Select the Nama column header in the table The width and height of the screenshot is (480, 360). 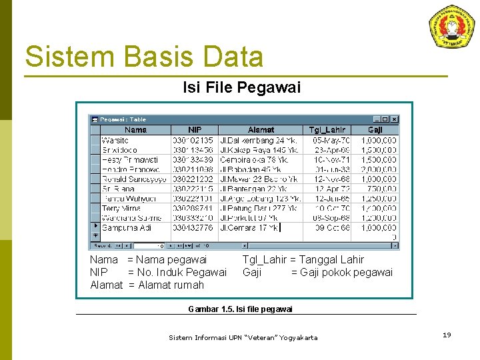tap(135, 130)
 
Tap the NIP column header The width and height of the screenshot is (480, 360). tap(195, 130)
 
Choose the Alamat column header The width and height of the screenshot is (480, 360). tap(261, 130)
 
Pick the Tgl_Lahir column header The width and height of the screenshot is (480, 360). tap(327, 130)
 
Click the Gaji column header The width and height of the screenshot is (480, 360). tap(375, 130)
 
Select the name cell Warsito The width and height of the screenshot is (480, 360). tap(115, 141)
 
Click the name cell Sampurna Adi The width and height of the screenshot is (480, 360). tap(127, 228)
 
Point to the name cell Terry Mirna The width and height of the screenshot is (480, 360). tap(121, 209)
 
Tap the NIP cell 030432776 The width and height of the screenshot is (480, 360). tap(193, 228)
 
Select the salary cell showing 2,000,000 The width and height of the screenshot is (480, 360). tap(379, 170)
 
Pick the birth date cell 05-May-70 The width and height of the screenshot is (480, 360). tap(331, 141)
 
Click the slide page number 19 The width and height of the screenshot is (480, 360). tap(447, 335)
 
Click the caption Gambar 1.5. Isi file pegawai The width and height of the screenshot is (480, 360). tap(241, 309)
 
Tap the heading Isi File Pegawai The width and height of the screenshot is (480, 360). tap(241, 87)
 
